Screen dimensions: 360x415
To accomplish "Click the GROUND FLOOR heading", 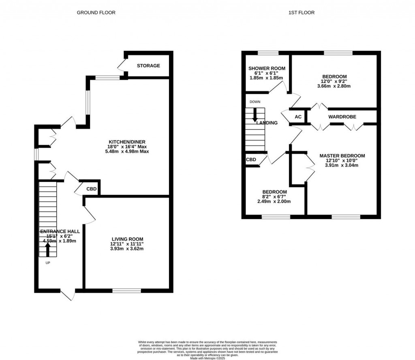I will (x=96, y=13).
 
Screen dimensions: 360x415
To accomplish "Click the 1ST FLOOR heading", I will (x=302, y=13).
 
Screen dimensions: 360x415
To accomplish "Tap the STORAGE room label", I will (x=148, y=66).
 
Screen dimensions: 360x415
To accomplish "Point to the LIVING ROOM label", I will (x=128, y=239).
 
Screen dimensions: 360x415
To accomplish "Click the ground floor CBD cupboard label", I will (x=92, y=189).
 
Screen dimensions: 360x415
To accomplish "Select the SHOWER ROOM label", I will (x=267, y=68).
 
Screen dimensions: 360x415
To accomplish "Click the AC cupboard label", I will (x=298, y=117).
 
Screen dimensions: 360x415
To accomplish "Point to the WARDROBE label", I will (x=342, y=117).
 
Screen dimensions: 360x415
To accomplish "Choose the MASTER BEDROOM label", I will (x=342, y=156).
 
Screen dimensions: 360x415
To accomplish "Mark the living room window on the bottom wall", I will (x=127, y=290).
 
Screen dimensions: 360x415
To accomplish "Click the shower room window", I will (x=268, y=53).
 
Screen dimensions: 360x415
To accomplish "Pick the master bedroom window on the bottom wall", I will (x=346, y=217).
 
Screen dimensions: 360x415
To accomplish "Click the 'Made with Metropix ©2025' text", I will (x=208, y=347).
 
